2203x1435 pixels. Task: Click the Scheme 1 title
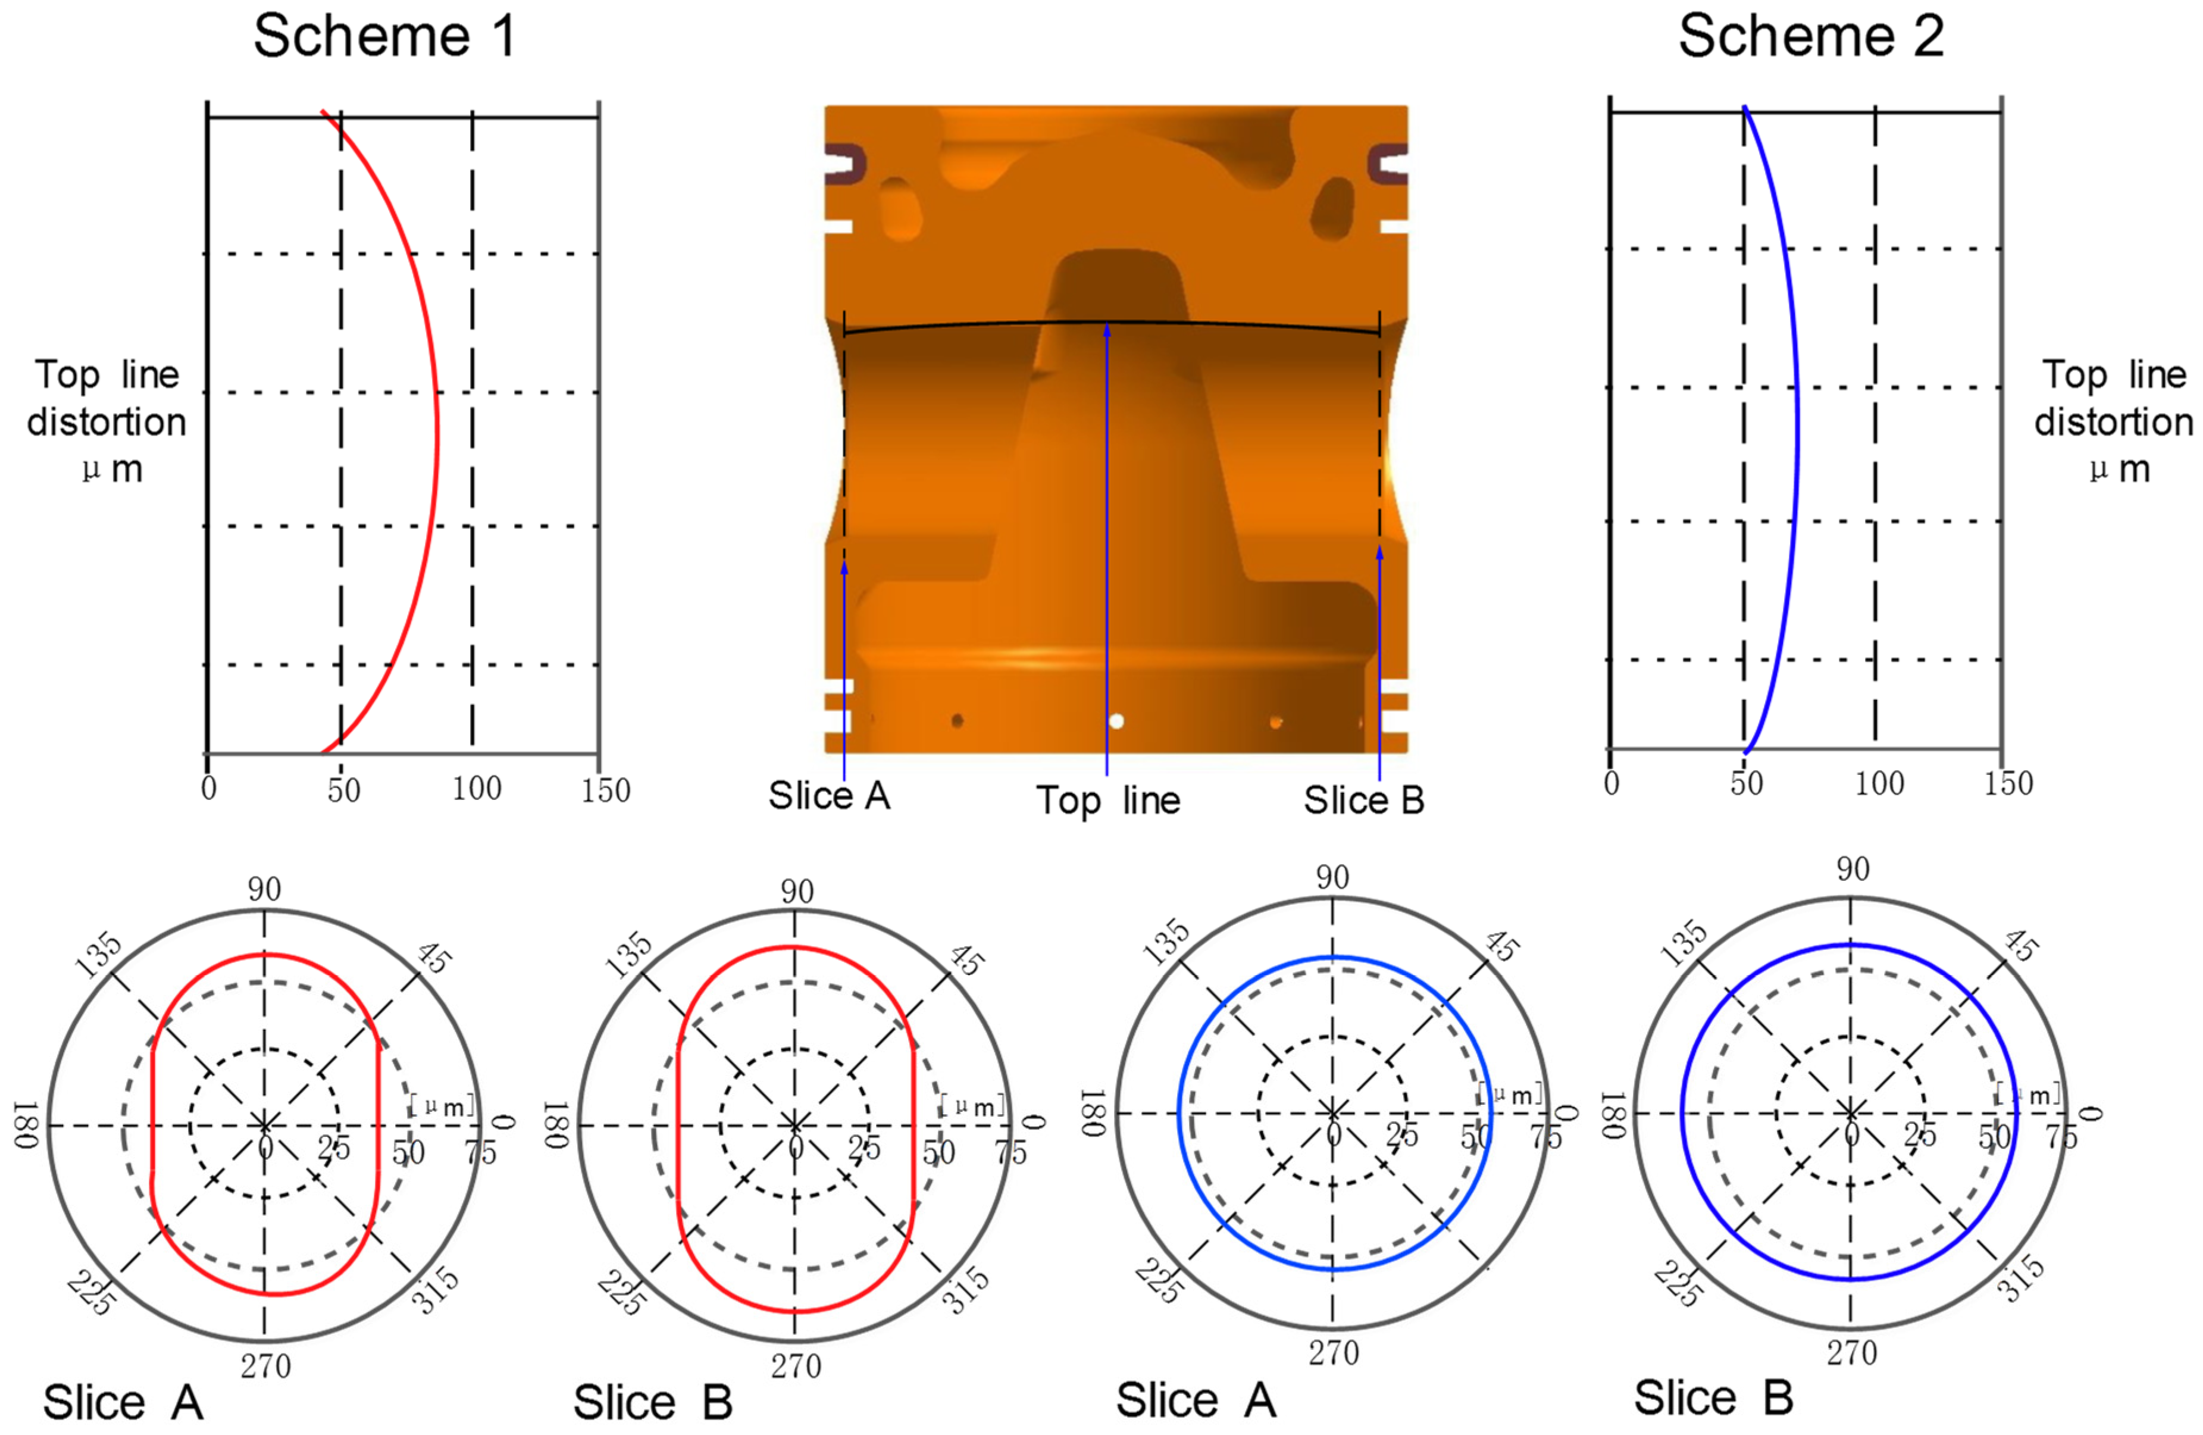[x=384, y=37]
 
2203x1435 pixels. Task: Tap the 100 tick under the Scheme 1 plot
[x=477, y=789]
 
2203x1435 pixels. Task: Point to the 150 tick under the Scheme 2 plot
[x=2008, y=783]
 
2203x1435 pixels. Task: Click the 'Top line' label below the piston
[x=1108, y=801]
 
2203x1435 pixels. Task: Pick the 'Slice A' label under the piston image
[x=830, y=795]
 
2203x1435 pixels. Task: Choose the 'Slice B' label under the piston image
[x=1365, y=801]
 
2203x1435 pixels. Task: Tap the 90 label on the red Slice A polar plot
[x=265, y=890]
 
